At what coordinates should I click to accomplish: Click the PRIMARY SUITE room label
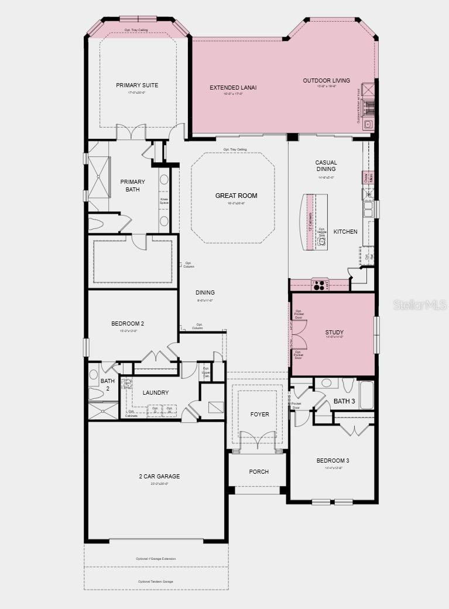(137, 85)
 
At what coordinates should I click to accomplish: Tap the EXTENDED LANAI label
(233, 88)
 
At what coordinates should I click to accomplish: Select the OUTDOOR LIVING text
(326, 81)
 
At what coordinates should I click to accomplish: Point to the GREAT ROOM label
(236, 196)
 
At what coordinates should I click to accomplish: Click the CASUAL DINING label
(326, 166)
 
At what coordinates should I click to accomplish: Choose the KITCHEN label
(345, 232)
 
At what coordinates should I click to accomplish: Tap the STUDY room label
(334, 333)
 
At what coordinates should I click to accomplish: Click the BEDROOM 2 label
(128, 324)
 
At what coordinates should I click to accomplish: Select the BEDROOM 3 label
(333, 460)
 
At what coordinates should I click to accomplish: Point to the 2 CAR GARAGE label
(159, 477)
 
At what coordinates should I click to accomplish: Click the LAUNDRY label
(155, 393)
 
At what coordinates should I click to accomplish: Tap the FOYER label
(259, 415)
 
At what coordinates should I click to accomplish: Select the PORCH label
(259, 472)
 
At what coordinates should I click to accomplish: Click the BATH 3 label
(344, 401)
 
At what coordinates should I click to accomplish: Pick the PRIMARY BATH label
(132, 186)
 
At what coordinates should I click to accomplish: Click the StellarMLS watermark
(420, 305)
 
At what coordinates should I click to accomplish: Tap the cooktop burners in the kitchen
(320, 286)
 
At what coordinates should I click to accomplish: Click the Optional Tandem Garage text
(156, 581)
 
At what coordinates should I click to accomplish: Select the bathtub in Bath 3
(366, 395)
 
